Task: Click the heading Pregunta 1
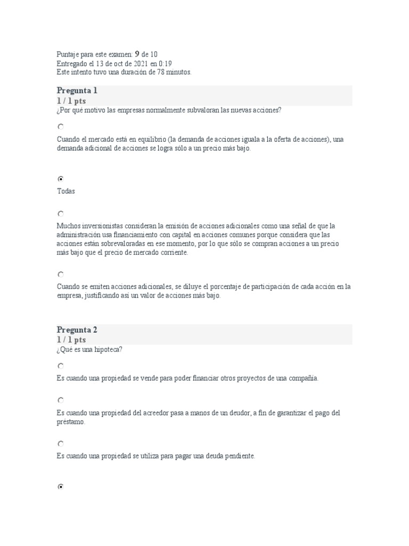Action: (x=77, y=91)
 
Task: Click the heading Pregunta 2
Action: (x=77, y=330)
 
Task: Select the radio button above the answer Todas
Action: (x=61, y=179)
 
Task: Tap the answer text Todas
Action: (x=66, y=191)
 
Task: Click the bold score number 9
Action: (x=137, y=54)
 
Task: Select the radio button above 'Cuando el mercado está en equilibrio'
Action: (x=61, y=127)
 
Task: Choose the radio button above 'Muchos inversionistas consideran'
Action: (x=61, y=213)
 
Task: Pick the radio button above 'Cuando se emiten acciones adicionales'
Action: (x=61, y=274)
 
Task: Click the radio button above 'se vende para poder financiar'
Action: (x=61, y=366)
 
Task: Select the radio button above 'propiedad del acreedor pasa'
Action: (x=61, y=400)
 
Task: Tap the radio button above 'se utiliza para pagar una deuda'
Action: (x=61, y=444)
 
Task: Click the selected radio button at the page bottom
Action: (x=61, y=487)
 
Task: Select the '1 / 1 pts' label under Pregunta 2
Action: (x=71, y=340)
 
